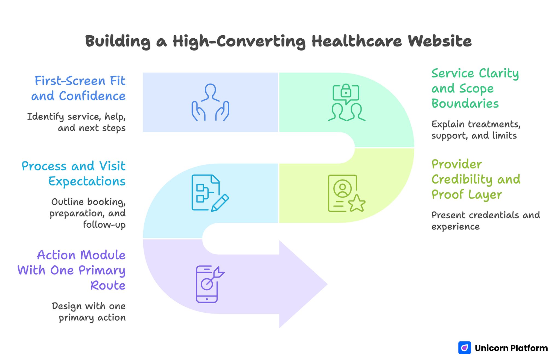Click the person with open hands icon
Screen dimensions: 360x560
[x=210, y=102]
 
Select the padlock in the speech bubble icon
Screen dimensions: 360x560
[x=346, y=91]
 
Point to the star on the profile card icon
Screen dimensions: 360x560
[x=357, y=204]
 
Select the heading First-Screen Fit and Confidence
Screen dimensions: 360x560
[x=79, y=88]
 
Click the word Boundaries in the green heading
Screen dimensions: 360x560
[x=465, y=104]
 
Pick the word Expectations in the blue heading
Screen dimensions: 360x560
[x=87, y=181]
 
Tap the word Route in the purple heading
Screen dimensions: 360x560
[x=108, y=286]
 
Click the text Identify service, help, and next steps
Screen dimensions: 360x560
[x=77, y=122]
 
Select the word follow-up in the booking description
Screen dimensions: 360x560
[x=104, y=225]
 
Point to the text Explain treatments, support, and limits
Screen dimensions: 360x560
[x=476, y=130]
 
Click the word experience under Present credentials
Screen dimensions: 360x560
[x=455, y=227]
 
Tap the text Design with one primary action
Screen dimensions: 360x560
[x=89, y=312]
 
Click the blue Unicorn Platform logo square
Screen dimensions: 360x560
[x=464, y=348]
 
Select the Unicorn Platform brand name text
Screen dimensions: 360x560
[x=511, y=348]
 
